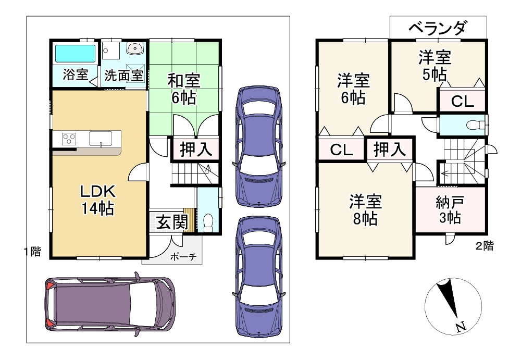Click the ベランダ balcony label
tap(437, 28)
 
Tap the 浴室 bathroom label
tap(75, 75)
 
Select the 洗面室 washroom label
tap(123, 75)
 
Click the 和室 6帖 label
tap(184, 89)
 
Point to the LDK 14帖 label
tap(97, 200)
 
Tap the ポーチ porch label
tap(182, 257)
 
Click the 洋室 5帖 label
tap(434, 66)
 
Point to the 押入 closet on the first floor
tap(195, 150)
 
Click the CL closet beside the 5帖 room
tap(462, 102)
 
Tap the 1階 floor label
tap(32, 252)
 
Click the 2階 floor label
tap(485, 246)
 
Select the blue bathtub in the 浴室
tap(75, 53)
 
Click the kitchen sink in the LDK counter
tap(100, 139)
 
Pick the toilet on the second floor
tap(474, 125)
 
